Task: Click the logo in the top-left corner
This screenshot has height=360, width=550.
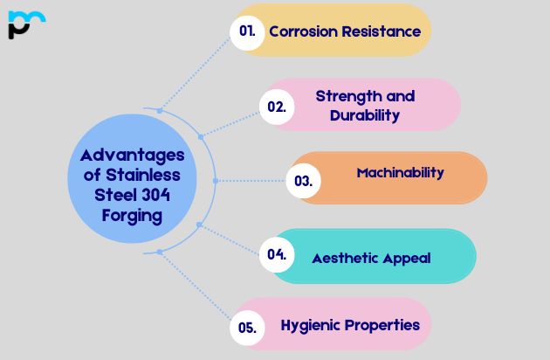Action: (x=25, y=24)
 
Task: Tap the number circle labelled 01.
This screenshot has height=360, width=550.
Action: (x=248, y=31)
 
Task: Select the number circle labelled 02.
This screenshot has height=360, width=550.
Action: (x=277, y=107)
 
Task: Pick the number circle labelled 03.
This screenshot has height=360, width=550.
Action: (x=304, y=182)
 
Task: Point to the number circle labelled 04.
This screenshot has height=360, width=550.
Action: (x=277, y=255)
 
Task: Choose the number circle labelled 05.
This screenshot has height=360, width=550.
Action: (x=247, y=329)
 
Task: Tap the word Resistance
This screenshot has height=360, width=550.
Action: (x=382, y=31)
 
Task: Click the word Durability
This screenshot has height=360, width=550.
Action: (x=365, y=115)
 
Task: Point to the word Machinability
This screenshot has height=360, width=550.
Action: (x=401, y=173)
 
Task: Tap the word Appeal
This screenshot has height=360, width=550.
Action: (x=405, y=259)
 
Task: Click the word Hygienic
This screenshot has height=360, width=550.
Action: (x=312, y=325)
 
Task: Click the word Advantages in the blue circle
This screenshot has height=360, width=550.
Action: (x=133, y=156)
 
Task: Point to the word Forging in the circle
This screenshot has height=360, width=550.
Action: (x=130, y=216)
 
